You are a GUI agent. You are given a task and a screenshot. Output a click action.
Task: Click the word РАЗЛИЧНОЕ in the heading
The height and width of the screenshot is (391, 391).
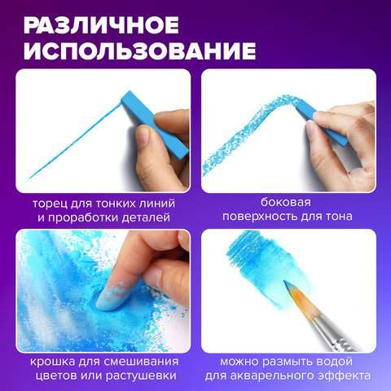coord(101,25)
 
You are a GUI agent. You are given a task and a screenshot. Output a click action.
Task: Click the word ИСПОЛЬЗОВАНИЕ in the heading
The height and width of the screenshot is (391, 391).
coord(140,51)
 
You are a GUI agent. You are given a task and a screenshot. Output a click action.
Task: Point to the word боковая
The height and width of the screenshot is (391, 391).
coord(286,202)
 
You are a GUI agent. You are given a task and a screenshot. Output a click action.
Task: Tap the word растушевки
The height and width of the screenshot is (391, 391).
coord(141,376)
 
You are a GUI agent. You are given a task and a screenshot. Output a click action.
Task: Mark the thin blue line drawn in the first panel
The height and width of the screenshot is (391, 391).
coord(75,141)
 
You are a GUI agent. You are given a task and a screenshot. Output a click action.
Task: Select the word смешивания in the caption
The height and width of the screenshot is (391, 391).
coord(142,362)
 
